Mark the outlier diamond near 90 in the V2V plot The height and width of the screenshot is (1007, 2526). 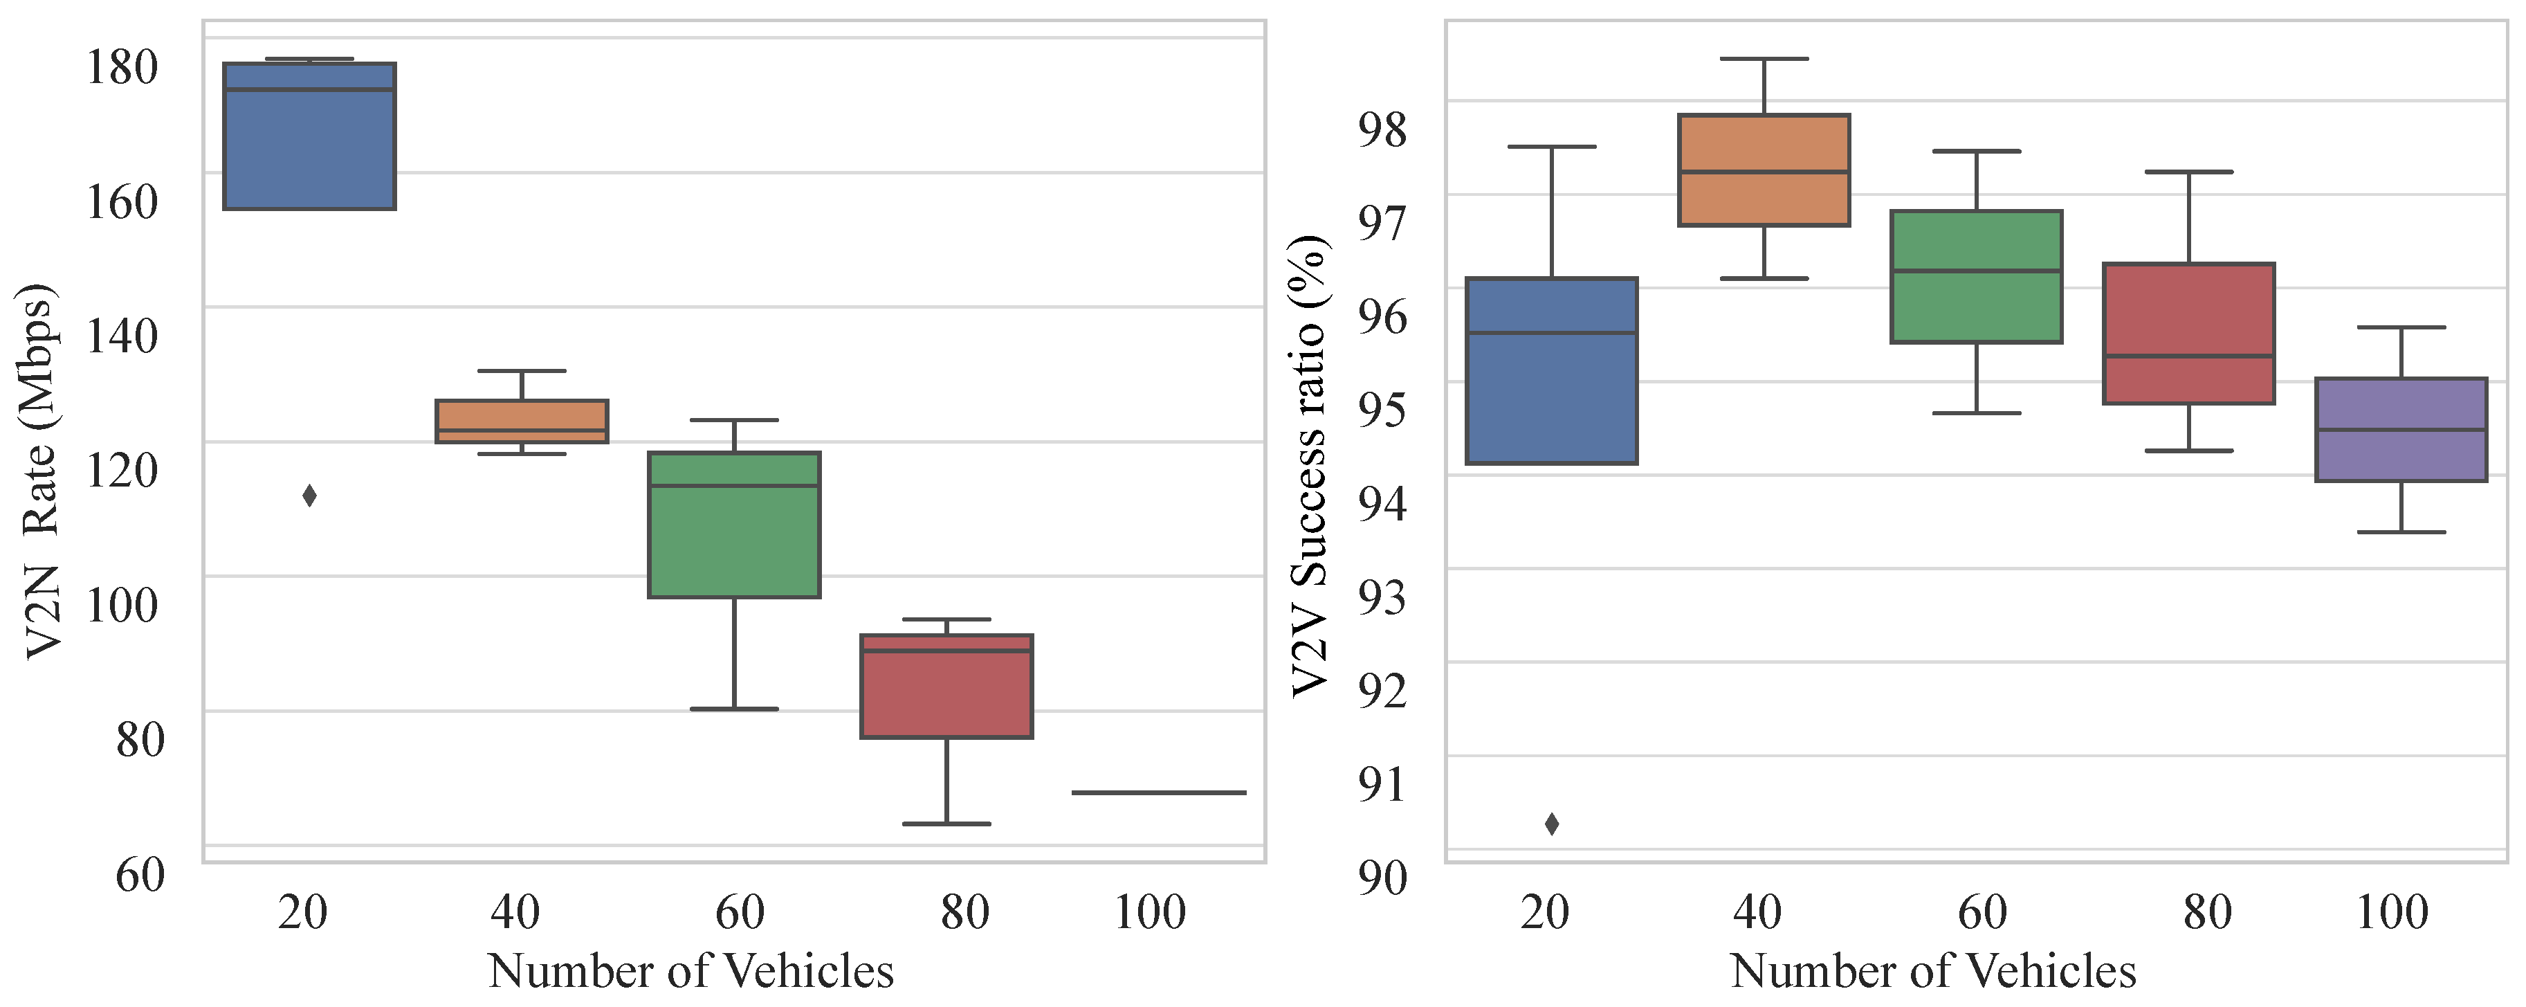tap(1551, 824)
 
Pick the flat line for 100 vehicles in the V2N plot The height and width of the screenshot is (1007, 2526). tap(1159, 792)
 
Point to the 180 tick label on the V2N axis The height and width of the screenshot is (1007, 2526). tap(122, 68)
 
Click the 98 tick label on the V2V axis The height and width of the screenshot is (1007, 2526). tap(1382, 129)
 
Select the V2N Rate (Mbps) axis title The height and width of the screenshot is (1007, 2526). tap(42, 471)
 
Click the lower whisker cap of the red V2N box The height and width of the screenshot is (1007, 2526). tap(946, 824)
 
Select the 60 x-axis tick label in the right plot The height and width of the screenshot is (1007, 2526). tap(1982, 912)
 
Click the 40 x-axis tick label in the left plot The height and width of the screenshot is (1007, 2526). tap(515, 912)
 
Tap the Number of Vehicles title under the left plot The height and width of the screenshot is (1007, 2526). tap(690, 972)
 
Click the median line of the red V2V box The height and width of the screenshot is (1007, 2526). tap(2188, 356)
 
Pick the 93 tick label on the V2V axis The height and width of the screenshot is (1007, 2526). tap(1382, 596)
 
